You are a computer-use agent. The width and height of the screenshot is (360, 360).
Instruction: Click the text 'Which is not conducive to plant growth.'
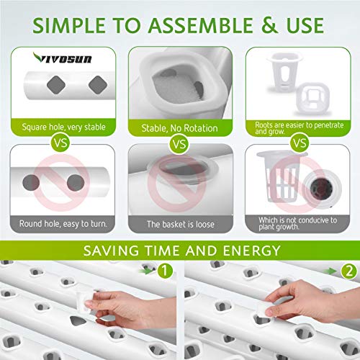(x=297, y=223)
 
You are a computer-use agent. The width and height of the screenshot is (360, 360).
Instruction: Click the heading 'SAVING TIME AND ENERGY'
(x=180, y=251)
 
